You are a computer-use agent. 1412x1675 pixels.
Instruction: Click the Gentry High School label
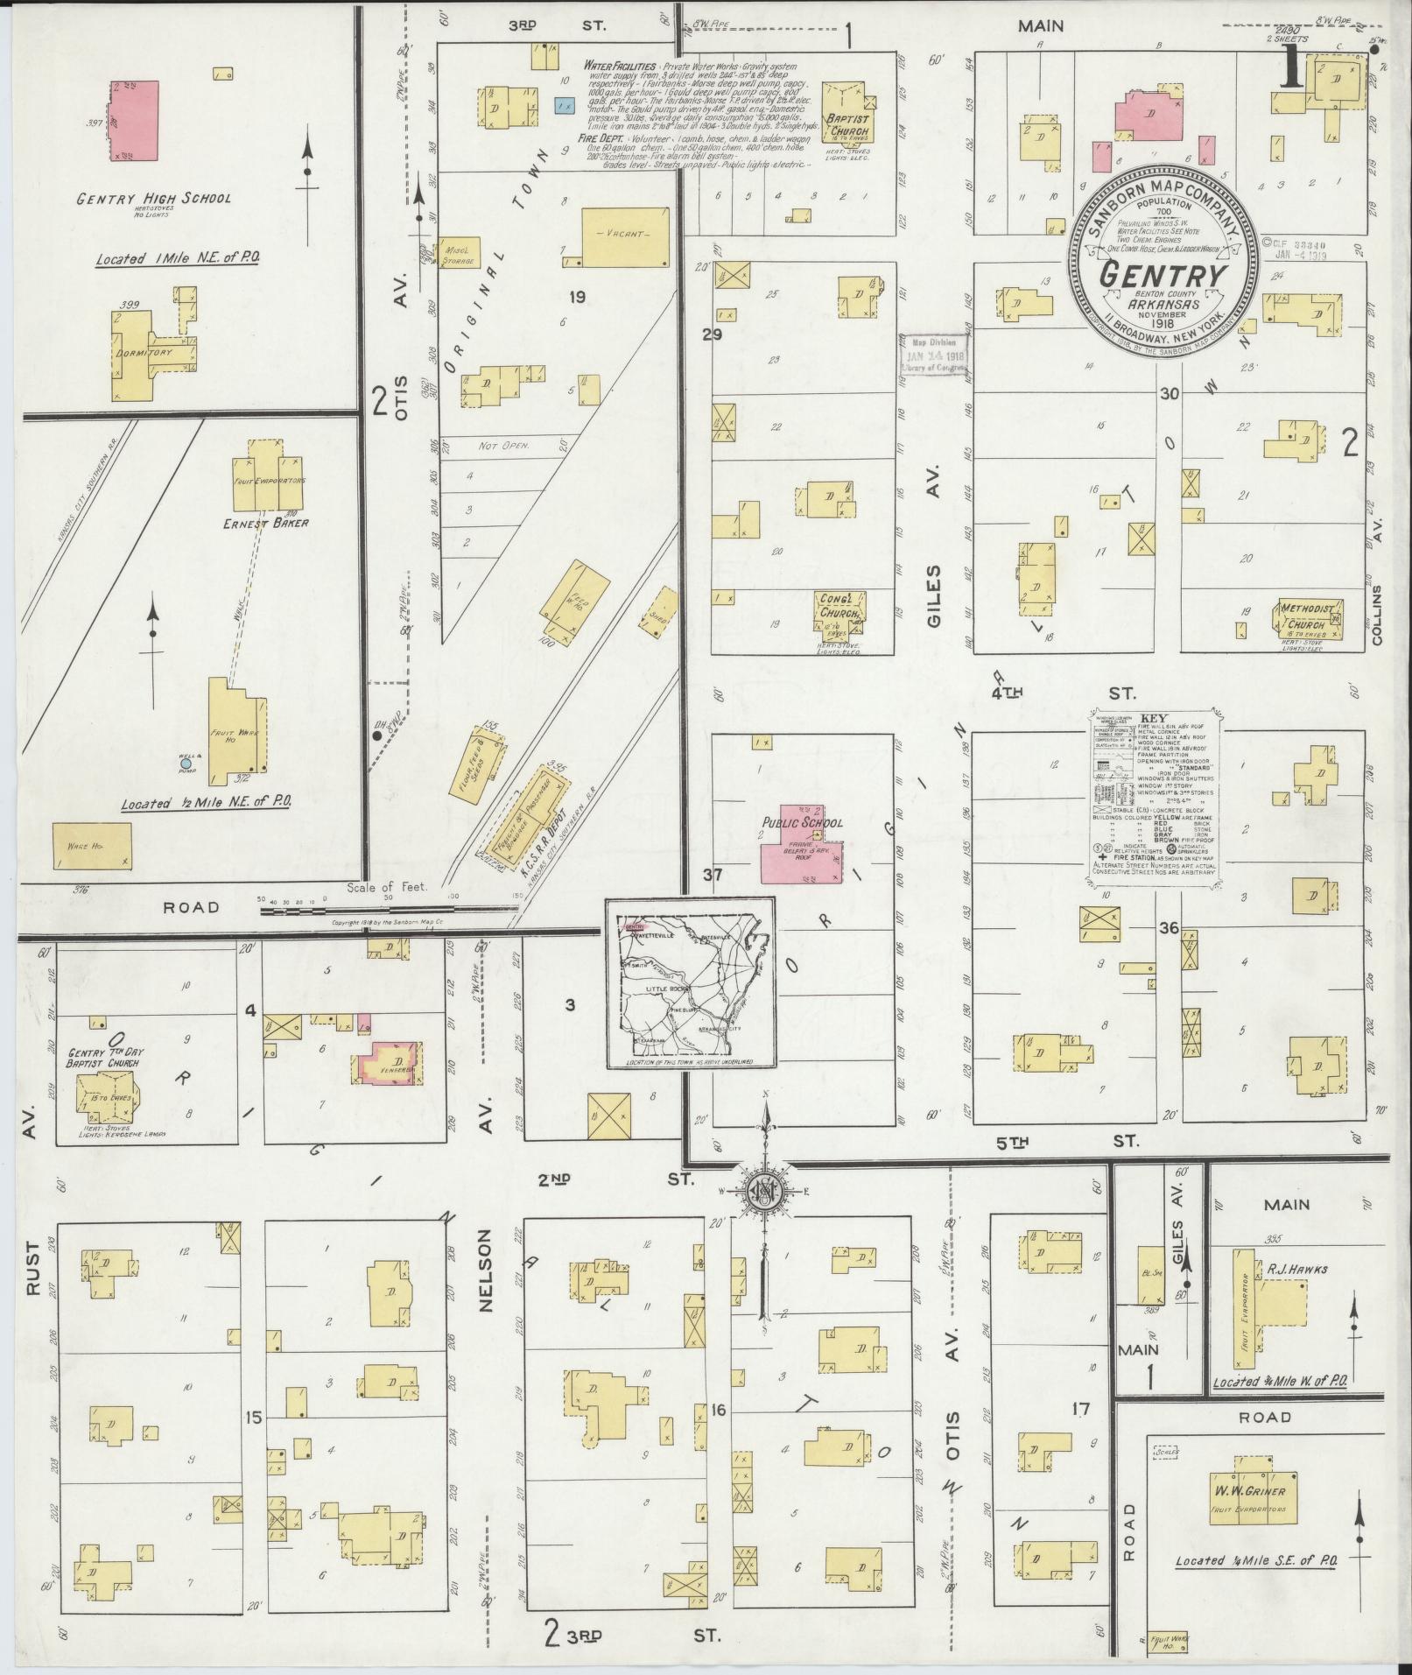point(153,198)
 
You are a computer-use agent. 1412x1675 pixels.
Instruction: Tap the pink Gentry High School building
point(135,121)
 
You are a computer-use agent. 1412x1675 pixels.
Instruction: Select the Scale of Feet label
point(387,886)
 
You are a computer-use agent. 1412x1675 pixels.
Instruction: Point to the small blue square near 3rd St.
point(564,105)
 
